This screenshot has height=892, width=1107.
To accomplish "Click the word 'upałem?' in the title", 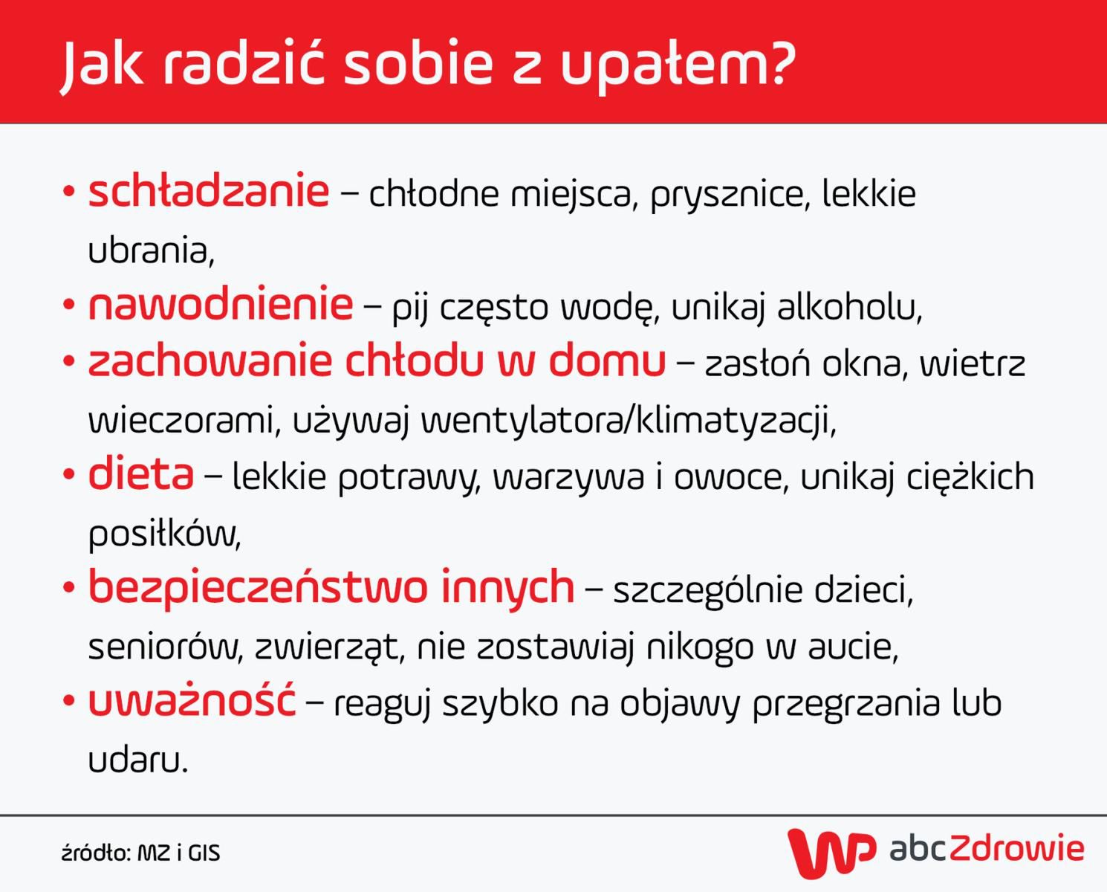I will pos(677,65).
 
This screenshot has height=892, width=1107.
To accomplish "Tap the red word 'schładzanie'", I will pos(208,192).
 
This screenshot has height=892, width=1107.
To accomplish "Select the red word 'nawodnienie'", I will pos(220,305).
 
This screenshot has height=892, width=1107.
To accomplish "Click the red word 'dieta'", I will pos(140,474).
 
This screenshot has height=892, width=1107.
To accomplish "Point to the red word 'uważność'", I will pos(192,701).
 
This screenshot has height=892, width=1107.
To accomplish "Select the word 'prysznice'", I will pos(728,195).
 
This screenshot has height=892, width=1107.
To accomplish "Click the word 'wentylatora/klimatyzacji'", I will pos(629,421).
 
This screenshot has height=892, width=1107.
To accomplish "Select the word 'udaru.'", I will pos(138,760).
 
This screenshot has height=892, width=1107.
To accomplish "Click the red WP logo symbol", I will pos(831,852).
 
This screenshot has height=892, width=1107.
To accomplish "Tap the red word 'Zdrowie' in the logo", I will pos(1016,849).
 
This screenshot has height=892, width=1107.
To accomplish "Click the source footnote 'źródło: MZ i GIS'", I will pos(140,853).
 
